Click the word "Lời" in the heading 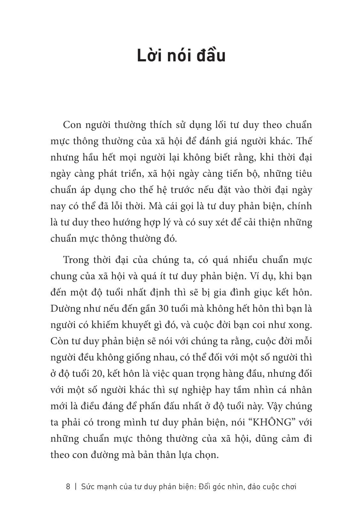(151, 56)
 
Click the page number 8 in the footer (68, 487)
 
